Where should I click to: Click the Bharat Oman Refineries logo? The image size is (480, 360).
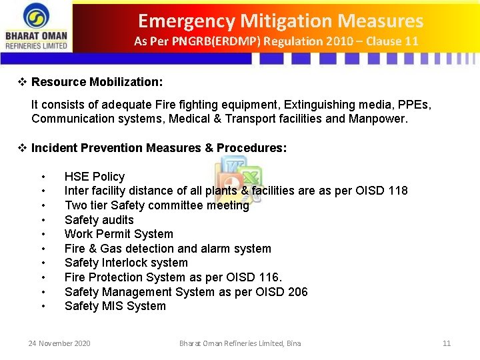(x=37, y=26)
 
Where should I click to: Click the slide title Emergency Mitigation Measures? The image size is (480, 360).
(x=280, y=21)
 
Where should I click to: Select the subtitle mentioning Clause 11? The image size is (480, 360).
(x=276, y=41)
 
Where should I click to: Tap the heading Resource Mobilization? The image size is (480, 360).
(x=97, y=82)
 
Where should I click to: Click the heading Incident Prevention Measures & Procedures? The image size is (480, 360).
(x=159, y=148)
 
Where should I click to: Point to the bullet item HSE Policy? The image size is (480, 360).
(x=94, y=177)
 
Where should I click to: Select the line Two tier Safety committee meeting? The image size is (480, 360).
(x=156, y=205)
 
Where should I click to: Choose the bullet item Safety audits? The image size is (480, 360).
(x=99, y=220)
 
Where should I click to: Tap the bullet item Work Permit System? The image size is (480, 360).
(x=119, y=234)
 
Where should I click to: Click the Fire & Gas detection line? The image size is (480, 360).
(x=167, y=249)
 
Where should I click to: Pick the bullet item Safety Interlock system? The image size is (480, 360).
(x=126, y=263)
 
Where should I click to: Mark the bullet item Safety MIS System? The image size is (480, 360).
(x=115, y=306)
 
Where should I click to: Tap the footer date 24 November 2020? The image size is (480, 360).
(x=59, y=343)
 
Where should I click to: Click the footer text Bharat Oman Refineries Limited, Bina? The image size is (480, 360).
(x=240, y=343)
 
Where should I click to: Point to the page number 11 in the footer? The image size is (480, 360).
(x=447, y=343)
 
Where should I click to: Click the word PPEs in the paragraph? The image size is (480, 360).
(x=413, y=105)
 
